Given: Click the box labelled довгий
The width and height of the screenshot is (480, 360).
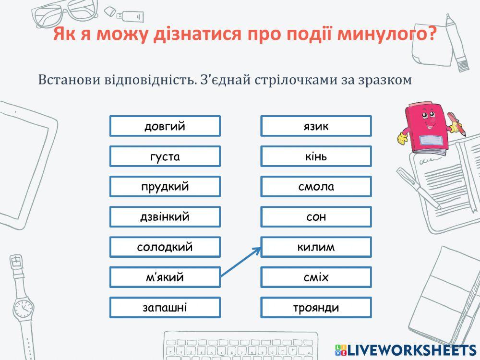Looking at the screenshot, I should point(165,126).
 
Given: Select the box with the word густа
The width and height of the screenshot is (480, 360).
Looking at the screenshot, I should point(165,156).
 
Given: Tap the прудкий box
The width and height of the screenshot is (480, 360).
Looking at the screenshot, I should point(165,187).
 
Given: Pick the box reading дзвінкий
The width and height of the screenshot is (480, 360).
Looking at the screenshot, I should point(165,217).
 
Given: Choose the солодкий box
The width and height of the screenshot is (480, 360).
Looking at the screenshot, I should point(165,247).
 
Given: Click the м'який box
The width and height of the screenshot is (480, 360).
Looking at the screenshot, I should point(165,277).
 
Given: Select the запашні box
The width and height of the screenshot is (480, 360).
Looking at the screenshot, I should point(165,308).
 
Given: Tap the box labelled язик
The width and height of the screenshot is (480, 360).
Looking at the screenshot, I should point(316,126).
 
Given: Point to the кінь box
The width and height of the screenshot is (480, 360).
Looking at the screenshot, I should point(316,156).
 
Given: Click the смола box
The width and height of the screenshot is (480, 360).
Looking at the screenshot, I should point(316,187).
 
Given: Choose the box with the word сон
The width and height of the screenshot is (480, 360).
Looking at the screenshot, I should point(316,217).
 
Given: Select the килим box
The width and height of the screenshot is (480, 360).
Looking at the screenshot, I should point(316,247).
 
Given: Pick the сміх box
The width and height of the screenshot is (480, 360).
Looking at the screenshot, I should point(316,277).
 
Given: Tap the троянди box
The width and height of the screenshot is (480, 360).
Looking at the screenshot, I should point(316,308).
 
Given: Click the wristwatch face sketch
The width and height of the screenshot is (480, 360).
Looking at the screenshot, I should point(23,309).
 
